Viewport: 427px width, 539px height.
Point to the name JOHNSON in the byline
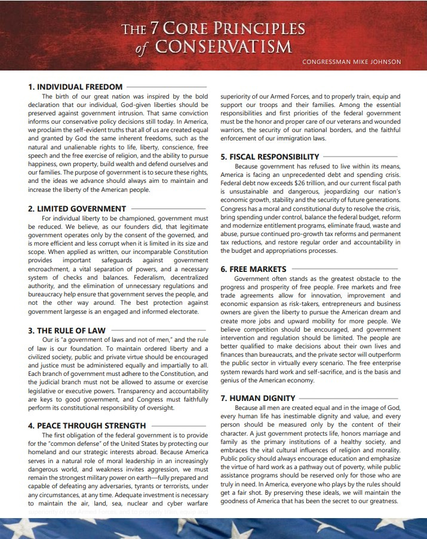[382, 62]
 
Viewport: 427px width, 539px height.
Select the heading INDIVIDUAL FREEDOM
[75, 87]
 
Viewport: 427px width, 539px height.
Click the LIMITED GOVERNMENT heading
[77, 209]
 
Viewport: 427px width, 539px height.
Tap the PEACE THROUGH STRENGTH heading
[87, 425]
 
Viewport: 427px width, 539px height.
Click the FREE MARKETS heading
[253, 269]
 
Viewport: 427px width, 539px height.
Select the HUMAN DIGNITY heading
[257, 397]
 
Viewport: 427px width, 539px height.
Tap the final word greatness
[382, 501]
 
